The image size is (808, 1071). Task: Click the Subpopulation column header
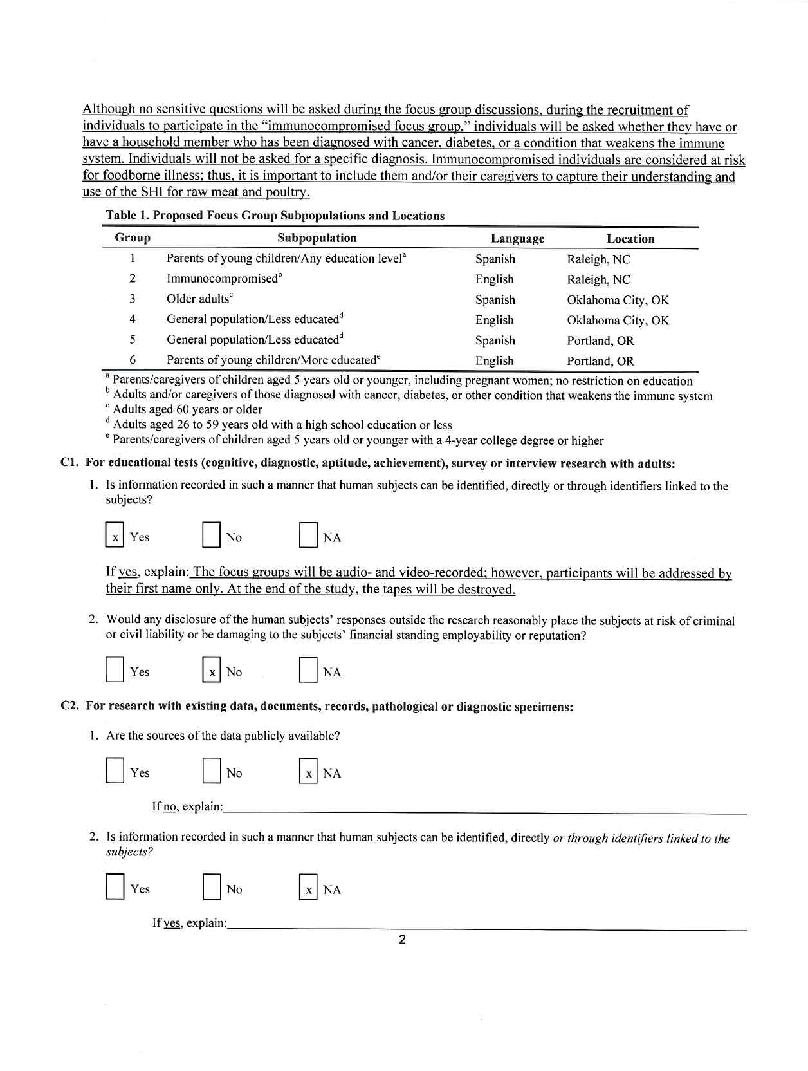pos(317,238)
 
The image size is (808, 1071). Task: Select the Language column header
pos(517,239)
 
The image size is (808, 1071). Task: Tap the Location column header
pos(630,239)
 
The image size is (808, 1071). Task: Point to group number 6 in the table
pos(133,360)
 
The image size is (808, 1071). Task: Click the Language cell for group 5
pos(495,340)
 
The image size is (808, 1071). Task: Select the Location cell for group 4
pos(618,321)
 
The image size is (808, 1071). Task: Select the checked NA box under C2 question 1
pos(308,773)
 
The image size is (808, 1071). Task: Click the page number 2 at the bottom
pos(402,940)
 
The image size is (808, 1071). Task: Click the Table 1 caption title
pos(275,216)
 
